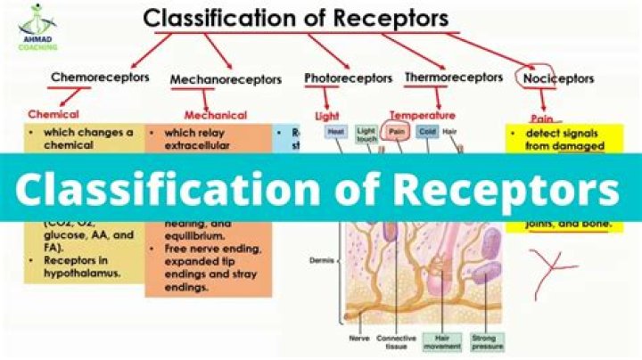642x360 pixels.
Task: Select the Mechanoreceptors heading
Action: coord(225,79)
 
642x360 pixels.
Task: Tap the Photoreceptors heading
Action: coord(348,78)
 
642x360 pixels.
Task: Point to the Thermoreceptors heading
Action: coord(453,78)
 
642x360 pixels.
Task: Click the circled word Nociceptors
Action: coord(557,78)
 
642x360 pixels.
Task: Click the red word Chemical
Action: coord(53,114)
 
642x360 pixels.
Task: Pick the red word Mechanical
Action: coord(215,115)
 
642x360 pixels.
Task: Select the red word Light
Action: coord(328,116)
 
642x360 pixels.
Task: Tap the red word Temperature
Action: coord(422,116)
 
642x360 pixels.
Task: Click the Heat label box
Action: coord(336,131)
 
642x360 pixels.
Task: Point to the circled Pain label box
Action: coord(397,131)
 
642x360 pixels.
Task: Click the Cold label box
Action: coord(427,131)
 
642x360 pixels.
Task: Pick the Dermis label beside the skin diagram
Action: coord(319,261)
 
